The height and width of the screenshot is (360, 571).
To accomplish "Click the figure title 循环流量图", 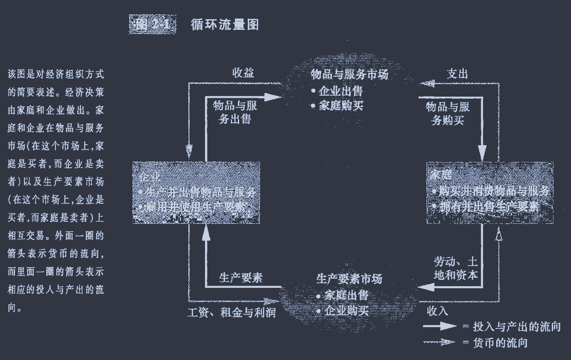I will (x=225, y=25).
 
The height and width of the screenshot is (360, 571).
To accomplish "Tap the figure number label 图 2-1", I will (x=152, y=25).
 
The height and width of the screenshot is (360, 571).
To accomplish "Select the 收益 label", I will (x=243, y=73).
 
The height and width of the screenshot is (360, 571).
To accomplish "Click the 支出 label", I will (x=457, y=74).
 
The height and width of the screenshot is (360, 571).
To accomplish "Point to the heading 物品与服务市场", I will (x=350, y=75).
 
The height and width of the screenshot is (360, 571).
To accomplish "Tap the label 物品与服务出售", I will (x=234, y=112).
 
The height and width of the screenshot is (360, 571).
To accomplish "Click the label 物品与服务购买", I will (x=448, y=114).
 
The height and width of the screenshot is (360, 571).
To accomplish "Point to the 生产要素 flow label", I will (x=240, y=278).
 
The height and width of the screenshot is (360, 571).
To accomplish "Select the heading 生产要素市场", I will (x=349, y=279).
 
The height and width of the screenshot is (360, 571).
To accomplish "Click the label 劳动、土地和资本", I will (x=455, y=268).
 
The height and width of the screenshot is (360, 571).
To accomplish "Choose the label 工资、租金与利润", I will (x=231, y=313).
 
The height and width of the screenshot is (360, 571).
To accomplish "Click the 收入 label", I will (x=437, y=311).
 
